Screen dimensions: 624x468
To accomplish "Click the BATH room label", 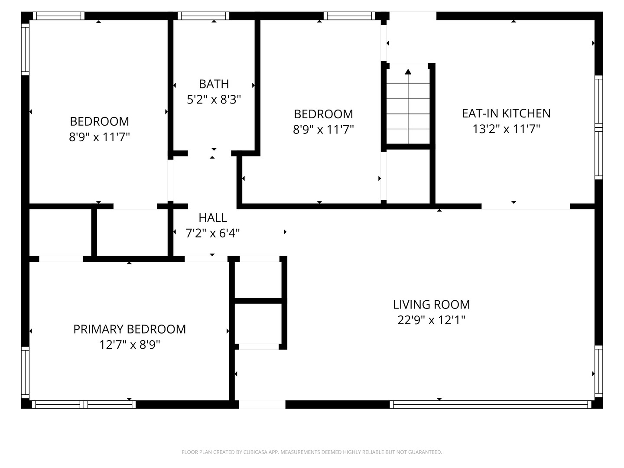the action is coord(214,84).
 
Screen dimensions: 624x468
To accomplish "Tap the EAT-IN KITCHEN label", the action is coord(506,114).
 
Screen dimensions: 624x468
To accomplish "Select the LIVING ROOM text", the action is coord(431,305).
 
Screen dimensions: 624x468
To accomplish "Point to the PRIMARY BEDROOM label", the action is coord(130,329).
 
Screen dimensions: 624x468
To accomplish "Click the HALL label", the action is coord(213,218).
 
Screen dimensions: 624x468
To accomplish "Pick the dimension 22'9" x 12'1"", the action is coord(431,320).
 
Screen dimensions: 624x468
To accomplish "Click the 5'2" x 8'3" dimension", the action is coord(214,100).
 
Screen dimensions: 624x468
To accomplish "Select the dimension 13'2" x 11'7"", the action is coord(506,129).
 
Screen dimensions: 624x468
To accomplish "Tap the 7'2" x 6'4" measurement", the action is coord(213,234).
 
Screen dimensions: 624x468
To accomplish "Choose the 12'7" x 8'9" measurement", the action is coord(130,345).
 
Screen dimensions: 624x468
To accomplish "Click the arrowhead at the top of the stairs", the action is coord(408,71).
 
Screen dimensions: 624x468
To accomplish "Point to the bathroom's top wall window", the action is coord(204,16).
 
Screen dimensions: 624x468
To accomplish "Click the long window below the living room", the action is coord(491,404).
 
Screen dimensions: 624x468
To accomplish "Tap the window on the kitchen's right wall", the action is coord(599,127).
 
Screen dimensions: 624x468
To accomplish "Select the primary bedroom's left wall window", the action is coord(25,372).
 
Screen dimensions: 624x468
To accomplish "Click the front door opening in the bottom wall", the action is coord(262,404).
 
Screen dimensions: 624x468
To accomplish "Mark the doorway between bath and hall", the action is coord(209,153).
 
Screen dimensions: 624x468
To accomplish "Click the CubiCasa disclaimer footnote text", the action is coord(312,452).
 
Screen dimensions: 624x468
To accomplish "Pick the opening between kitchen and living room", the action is coord(526,206).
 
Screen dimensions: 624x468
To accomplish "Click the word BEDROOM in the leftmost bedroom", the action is coord(100,122).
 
